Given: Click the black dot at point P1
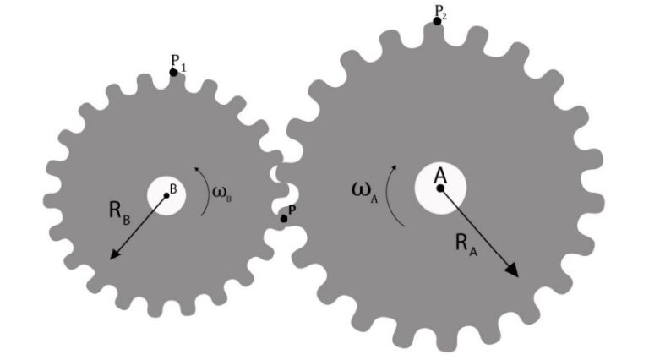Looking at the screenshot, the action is click(173, 73).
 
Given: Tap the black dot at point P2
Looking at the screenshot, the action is click(437, 21).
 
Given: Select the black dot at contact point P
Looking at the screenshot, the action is click(284, 219).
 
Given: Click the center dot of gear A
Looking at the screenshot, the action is click(440, 188).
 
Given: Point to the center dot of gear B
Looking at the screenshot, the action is click(166, 195).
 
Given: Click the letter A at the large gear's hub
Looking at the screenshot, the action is click(440, 176).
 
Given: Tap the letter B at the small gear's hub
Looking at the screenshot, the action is click(173, 189).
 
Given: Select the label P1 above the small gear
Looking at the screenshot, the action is click(178, 63).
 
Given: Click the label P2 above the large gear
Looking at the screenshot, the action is click(440, 13).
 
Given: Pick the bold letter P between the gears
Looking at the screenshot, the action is click(292, 210).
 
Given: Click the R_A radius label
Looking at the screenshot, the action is click(466, 245).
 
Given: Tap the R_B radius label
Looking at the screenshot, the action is click(120, 212).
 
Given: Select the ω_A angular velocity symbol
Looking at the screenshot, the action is click(365, 192).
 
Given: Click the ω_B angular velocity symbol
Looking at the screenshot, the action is click(222, 194).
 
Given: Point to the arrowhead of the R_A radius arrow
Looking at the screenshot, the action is click(512, 270).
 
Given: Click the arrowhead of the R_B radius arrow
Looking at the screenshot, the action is click(115, 254).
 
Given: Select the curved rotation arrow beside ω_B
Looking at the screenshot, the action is click(208, 191).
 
